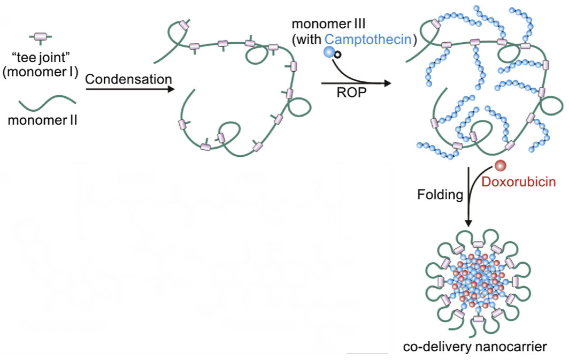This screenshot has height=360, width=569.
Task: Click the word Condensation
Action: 128,80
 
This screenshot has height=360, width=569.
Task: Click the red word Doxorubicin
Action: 519,181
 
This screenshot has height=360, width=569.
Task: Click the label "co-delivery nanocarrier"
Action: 475,346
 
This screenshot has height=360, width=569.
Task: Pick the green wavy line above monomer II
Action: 44,102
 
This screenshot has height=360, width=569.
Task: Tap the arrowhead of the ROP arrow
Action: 386,83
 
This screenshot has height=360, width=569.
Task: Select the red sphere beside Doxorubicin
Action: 499,166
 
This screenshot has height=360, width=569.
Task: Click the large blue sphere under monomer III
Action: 329,52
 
